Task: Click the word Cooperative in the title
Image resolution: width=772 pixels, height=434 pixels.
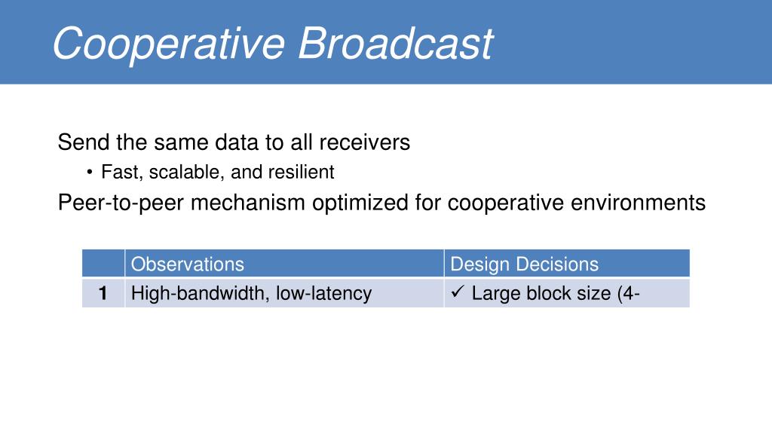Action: tap(169, 45)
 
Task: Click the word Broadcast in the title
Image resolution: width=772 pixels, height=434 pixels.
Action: tap(395, 43)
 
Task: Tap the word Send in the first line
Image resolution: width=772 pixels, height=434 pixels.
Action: tap(84, 142)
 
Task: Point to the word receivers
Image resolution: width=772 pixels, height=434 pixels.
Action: tap(364, 142)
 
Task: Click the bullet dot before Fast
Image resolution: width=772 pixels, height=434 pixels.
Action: tap(89, 173)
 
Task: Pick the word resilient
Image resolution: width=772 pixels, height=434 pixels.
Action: tap(302, 172)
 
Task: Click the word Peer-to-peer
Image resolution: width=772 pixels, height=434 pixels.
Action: tap(121, 203)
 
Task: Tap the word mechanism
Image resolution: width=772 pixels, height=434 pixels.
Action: tap(247, 202)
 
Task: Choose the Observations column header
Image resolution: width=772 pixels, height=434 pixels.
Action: tap(188, 264)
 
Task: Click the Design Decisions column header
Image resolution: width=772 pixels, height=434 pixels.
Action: tap(525, 264)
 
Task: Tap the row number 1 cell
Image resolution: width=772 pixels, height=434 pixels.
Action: tap(103, 293)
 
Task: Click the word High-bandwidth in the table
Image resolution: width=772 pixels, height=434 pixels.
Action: tap(200, 293)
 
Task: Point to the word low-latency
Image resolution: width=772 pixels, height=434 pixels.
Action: tap(323, 293)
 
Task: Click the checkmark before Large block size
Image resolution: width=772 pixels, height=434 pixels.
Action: tap(458, 292)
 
